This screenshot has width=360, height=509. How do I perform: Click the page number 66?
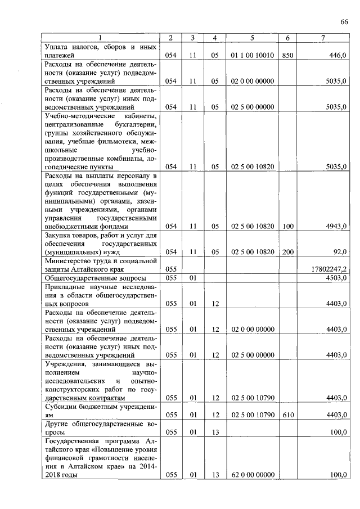click(x=344, y=22)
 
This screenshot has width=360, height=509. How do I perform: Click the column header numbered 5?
click(x=252, y=37)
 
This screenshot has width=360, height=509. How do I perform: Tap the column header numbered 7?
click(x=322, y=37)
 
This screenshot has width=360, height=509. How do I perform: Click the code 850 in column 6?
click(x=287, y=56)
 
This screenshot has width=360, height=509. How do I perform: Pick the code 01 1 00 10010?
click(x=252, y=56)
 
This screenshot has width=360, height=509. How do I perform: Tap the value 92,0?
click(x=340, y=252)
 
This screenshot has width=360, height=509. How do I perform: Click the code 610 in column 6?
click(x=287, y=415)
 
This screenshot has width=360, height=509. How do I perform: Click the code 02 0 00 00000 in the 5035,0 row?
click(x=252, y=81)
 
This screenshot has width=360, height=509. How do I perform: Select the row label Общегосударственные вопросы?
click(x=96, y=278)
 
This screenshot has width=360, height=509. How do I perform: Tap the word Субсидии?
click(x=62, y=406)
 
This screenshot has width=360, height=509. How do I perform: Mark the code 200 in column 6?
click(x=287, y=252)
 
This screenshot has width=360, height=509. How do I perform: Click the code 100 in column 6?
click(x=287, y=226)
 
